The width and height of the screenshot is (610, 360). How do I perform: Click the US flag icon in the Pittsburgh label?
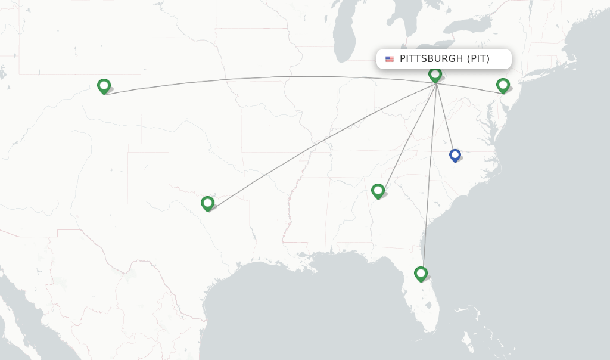(x=390, y=59)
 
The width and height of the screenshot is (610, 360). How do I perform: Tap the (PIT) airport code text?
(x=478, y=59)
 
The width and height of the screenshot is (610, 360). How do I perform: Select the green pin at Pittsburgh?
(x=435, y=75)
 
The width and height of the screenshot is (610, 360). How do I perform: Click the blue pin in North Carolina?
(x=455, y=155)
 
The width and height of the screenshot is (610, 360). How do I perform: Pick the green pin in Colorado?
(x=104, y=86)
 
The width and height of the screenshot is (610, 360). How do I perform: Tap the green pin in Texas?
(x=207, y=203)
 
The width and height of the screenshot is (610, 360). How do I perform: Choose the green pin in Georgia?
(x=378, y=191)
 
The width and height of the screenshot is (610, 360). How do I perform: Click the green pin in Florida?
(x=421, y=274)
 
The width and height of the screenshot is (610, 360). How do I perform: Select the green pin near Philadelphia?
(x=503, y=85)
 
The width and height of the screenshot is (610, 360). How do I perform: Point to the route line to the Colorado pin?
(x=268, y=77)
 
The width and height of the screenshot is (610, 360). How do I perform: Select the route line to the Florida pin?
(x=429, y=179)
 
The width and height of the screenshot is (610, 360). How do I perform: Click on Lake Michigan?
(x=344, y=36)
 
